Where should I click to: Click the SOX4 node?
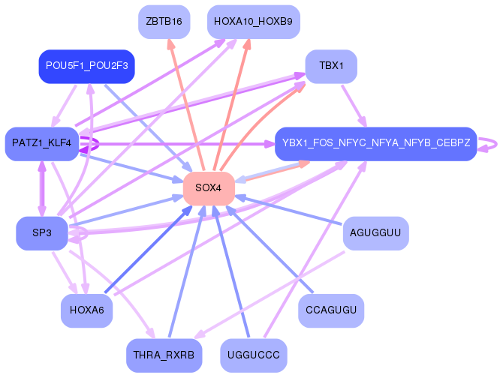coord(209,188)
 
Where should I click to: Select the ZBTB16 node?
coord(164,22)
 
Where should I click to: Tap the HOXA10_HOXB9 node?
coord(254,22)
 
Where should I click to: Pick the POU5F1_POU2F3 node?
coord(87,66)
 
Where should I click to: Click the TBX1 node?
coord(331,66)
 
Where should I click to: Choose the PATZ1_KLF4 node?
coord(42,143)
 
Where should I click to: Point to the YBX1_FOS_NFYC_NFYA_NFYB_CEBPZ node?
coord(376,143)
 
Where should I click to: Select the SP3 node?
coord(42,233)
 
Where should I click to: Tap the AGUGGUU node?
coord(375,233)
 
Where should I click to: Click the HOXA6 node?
coord(87,310)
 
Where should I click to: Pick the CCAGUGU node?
coord(331,310)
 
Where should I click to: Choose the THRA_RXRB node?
coord(164,355)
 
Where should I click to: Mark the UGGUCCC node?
coord(254,355)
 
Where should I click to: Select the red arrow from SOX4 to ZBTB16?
coord(186,105)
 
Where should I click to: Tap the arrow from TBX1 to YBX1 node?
coord(354,106)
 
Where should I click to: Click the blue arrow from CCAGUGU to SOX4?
coord(270,249)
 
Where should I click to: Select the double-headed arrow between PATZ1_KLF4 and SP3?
coord(42,188)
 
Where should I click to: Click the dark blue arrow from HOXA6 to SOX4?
coord(149,249)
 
